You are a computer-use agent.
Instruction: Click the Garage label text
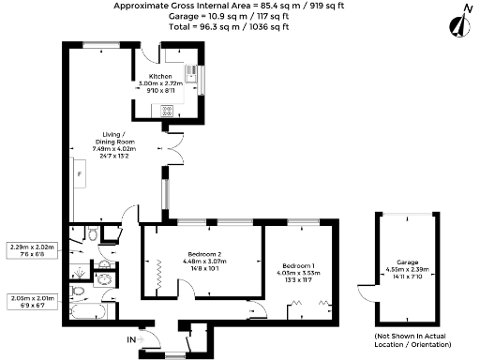pyautogui.click(x=406, y=262)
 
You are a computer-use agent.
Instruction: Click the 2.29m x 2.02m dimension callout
pyautogui.click(x=33, y=249)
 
